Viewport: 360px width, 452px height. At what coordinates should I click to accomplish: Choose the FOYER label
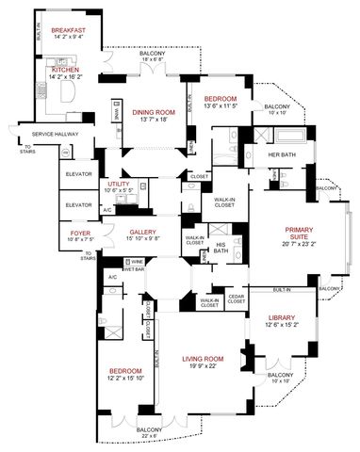click(79, 229)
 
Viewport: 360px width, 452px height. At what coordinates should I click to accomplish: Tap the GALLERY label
click(142, 231)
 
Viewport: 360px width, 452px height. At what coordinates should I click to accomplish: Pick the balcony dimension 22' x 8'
click(147, 437)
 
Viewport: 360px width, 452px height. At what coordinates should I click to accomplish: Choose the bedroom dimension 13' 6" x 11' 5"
click(221, 106)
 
